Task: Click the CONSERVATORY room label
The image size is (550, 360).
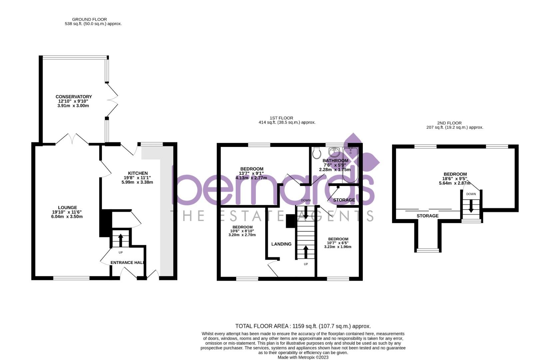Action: [74, 97]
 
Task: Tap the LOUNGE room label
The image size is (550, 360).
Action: [67, 208]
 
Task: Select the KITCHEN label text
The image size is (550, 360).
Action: [138, 173]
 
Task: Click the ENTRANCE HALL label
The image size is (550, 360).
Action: [127, 263]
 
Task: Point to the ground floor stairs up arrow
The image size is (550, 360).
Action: [120, 240]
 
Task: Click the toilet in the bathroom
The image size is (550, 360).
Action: [317, 153]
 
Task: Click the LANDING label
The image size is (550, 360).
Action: [281, 244]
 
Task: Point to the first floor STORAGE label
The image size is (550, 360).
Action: [344, 200]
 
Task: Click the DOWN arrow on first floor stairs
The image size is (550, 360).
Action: [306, 212]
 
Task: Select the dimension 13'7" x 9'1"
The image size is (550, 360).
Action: [252, 173]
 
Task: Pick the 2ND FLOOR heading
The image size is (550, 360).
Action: [449, 123]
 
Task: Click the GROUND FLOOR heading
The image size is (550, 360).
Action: [89, 19]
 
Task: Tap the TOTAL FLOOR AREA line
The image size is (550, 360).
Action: [303, 326]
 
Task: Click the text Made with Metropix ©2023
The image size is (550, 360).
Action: [303, 357]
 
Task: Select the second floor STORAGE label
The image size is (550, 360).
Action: [427, 216]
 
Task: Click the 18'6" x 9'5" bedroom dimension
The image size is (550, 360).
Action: [455, 179]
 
